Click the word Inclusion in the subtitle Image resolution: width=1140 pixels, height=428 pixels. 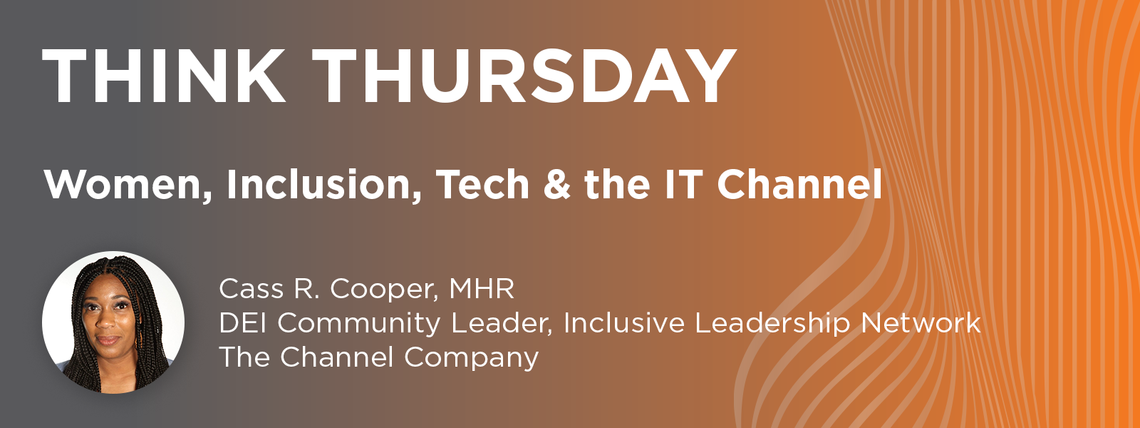324,185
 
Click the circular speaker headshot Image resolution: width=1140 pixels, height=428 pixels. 113,322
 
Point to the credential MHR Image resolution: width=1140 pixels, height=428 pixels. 482,289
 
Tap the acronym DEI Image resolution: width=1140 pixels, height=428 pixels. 243,323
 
